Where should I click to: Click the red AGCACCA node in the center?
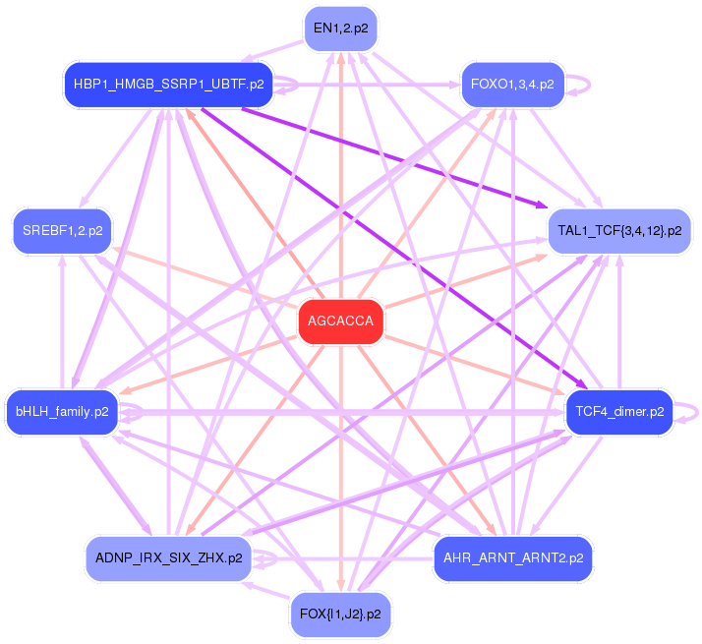point(340,322)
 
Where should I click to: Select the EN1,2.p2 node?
point(340,28)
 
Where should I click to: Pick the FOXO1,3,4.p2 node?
point(512,85)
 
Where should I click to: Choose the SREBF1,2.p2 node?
point(62,232)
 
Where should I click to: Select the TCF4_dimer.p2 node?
point(619,411)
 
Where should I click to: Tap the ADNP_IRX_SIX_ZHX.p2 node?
point(169,558)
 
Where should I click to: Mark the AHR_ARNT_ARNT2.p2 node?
point(512,558)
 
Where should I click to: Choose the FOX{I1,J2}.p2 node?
point(340,615)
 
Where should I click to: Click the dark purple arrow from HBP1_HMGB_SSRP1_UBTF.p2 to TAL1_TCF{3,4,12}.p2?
point(393,156)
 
